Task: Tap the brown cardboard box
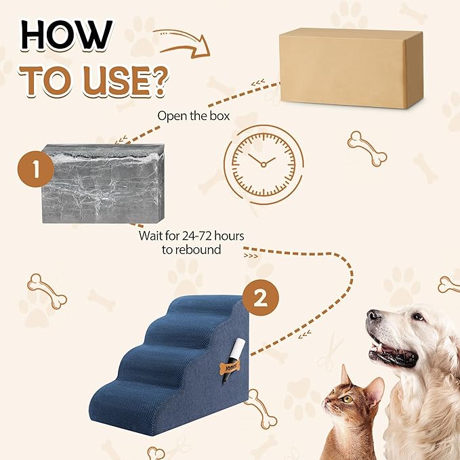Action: [x=350, y=67]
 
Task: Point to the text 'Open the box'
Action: [x=193, y=115]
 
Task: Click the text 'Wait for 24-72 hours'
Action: [x=192, y=235]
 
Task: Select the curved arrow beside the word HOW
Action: [x=181, y=40]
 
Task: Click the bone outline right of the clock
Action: [x=367, y=148]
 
